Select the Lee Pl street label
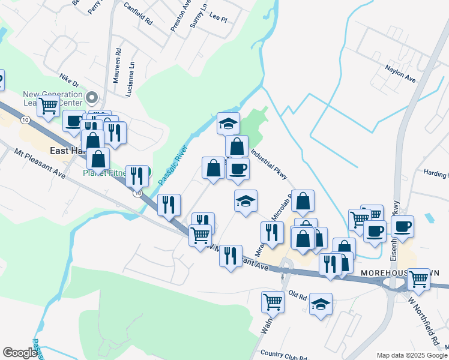218,19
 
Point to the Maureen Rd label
119,65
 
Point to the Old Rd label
298,296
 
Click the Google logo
20,353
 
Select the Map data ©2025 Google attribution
412,355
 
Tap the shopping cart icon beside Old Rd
273,301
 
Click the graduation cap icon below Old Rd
321,304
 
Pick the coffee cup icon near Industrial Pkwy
238,169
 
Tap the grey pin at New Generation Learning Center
92,97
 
